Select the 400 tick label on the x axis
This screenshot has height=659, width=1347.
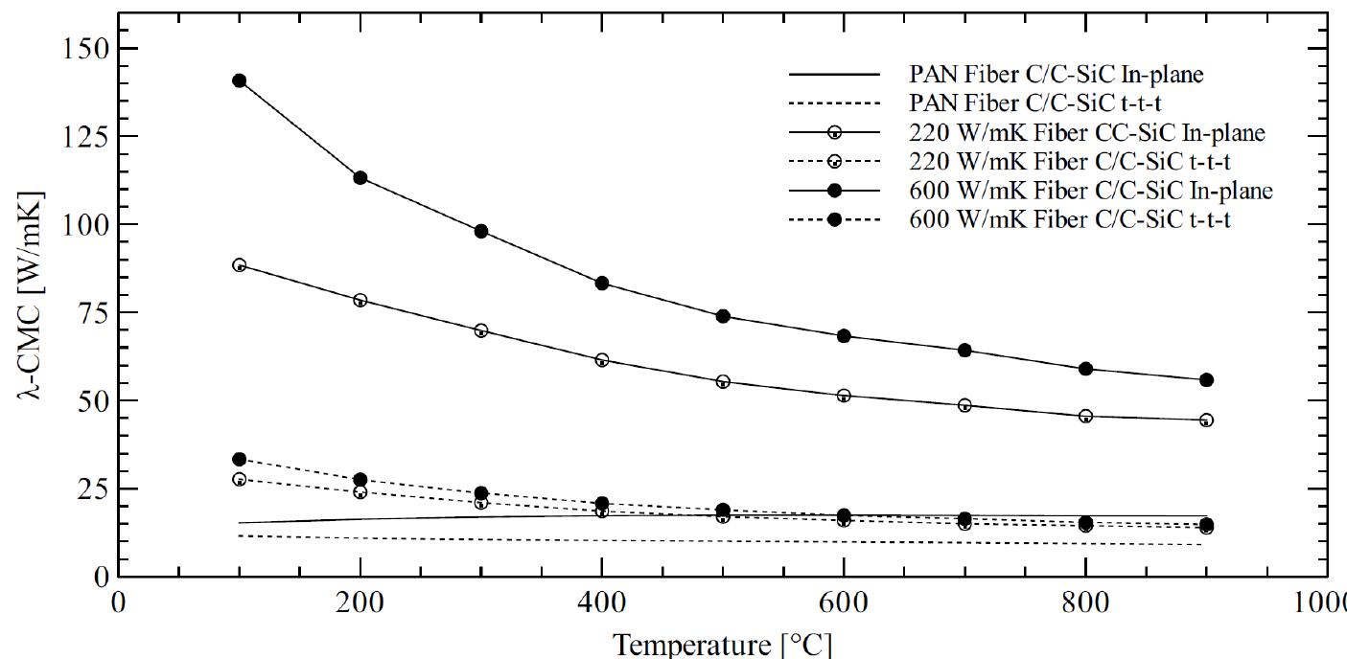602,606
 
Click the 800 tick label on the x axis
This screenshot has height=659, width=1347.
1085,606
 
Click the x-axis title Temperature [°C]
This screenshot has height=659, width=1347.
723,642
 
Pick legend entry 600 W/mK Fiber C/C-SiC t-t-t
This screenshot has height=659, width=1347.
1070,219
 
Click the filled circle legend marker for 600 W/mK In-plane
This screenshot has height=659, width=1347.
834,191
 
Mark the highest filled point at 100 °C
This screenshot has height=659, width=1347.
240,80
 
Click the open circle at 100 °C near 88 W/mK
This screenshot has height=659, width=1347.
240,265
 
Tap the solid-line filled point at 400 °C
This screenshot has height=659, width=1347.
602,283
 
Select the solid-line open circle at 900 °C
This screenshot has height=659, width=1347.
1206,420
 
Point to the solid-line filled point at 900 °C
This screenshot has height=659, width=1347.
1206,380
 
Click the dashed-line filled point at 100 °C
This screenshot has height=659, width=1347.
240,460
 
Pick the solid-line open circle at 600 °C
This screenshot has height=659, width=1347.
844,395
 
